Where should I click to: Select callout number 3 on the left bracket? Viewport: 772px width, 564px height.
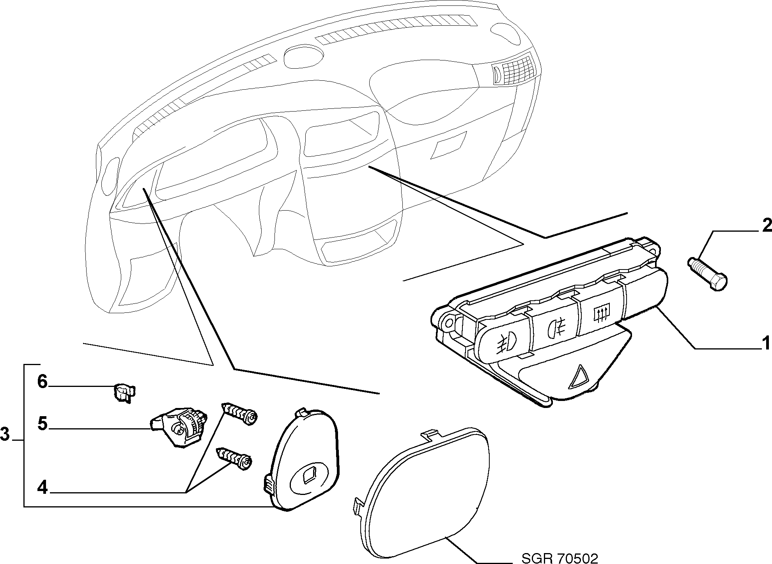coord(5,434)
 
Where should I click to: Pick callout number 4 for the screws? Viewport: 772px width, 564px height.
coord(43,487)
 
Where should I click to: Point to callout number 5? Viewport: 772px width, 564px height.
coord(43,424)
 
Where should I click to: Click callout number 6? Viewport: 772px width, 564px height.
coord(42,381)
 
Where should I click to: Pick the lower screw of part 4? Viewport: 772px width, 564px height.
coord(233,459)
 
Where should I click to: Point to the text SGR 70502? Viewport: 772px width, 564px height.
coord(560,558)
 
